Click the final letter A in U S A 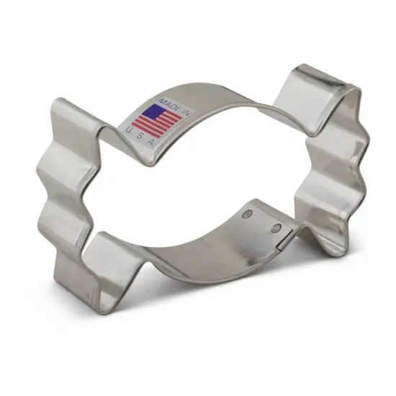click(x=151, y=143)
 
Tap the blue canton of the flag click(x=153, y=112)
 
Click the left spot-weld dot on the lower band click(x=248, y=213)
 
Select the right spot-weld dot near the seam click(x=275, y=228)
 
